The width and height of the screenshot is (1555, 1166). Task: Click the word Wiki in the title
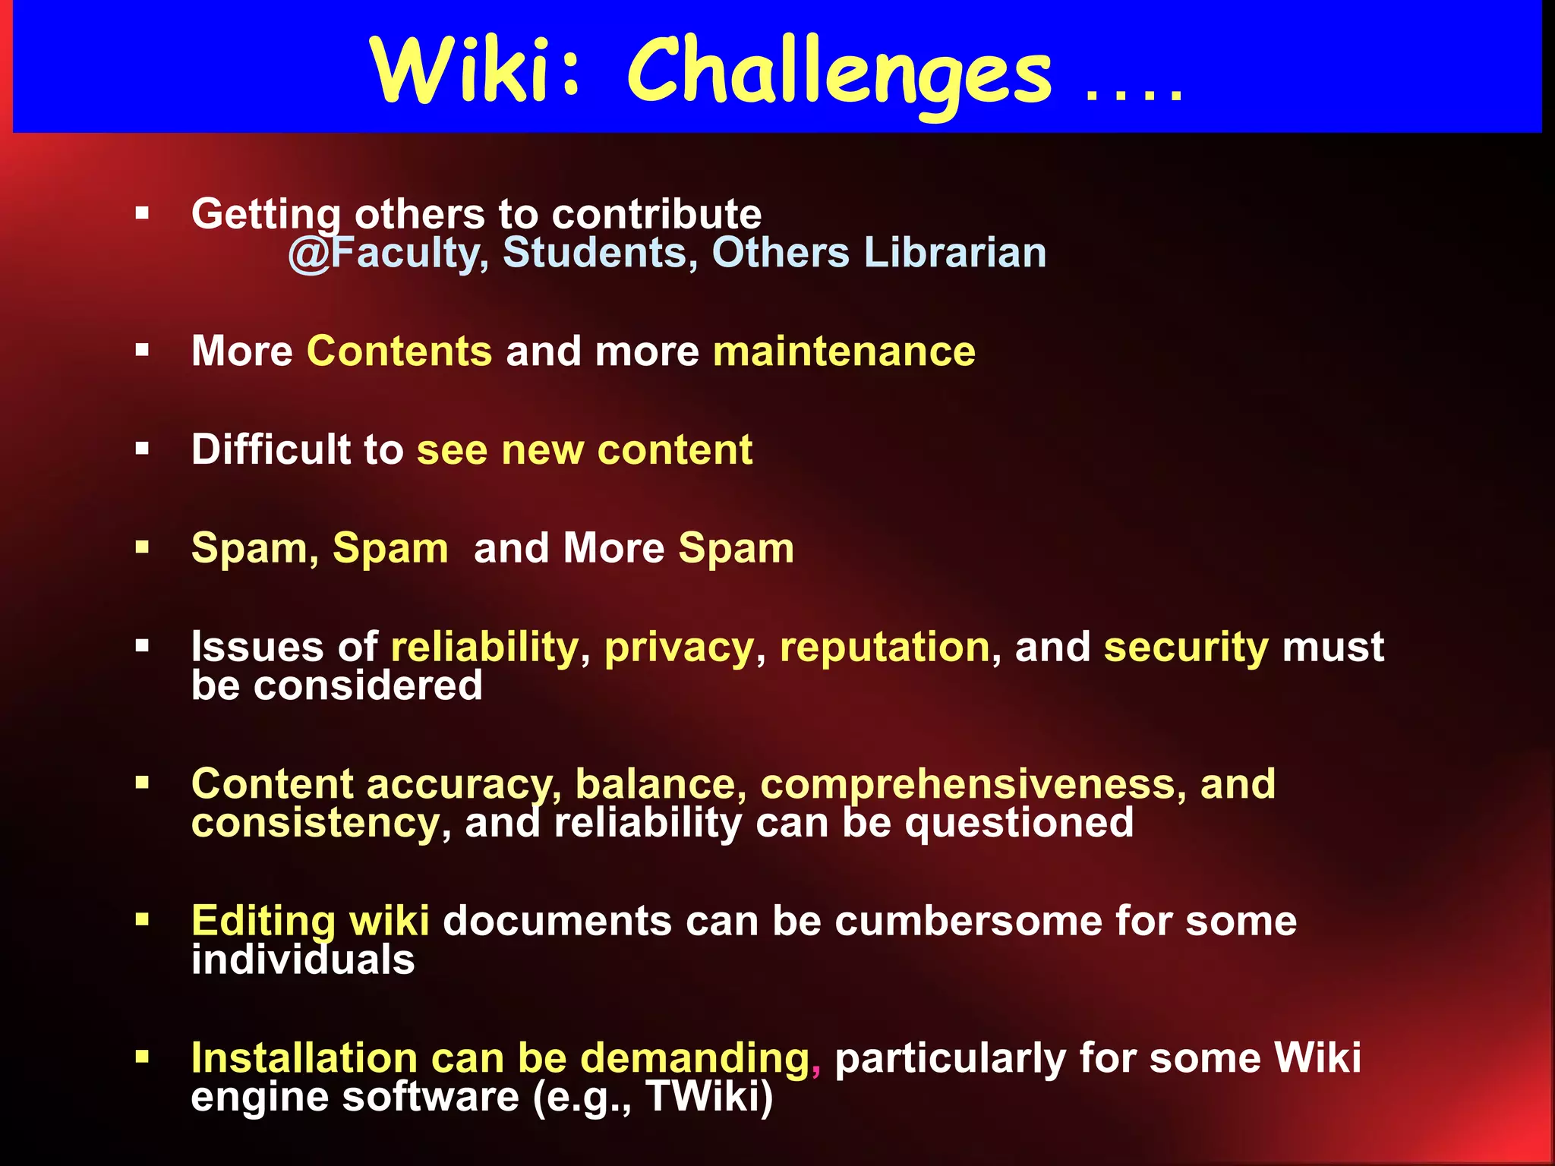click(x=459, y=71)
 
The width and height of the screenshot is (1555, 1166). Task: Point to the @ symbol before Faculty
click(x=309, y=254)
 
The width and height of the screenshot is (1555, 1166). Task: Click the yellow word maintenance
click(x=844, y=351)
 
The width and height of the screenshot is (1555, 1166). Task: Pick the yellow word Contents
click(x=399, y=351)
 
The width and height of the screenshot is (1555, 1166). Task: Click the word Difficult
click(x=271, y=449)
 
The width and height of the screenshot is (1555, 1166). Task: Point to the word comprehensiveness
click(x=967, y=785)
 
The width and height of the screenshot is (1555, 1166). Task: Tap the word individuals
click(x=303, y=960)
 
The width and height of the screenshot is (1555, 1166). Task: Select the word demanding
click(x=695, y=1058)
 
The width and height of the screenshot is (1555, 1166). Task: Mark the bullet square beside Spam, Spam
click(x=142, y=547)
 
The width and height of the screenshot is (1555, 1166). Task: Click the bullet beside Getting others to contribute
click(x=142, y=213)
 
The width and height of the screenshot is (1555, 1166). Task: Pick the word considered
click(x=367, y=685)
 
